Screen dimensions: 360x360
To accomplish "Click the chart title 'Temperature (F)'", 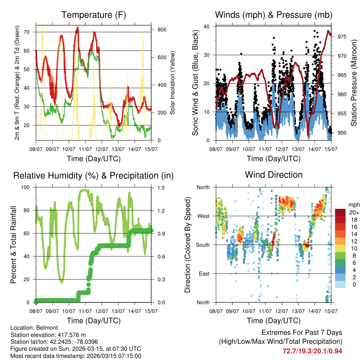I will [x=94, y=15].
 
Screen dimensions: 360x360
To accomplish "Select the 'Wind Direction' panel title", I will [x=274, y=175].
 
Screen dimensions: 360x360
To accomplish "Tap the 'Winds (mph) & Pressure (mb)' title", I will [x=274, y=15].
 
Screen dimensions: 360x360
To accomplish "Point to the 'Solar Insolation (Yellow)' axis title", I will [x=172, y=83].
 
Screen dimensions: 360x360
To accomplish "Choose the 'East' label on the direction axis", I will [x=203, y=274].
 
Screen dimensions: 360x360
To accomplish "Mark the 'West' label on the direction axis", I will [x=203, y=216].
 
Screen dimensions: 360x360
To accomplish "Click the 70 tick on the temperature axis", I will [x=30, y=32].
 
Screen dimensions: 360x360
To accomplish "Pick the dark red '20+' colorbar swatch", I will [x=340, y=212].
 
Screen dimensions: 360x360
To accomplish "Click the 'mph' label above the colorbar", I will [x=353, y=205].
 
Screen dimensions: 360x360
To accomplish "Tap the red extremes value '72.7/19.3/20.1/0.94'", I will [x=312, y=351].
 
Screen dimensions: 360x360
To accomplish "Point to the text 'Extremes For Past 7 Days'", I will [x=302, y=333].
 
